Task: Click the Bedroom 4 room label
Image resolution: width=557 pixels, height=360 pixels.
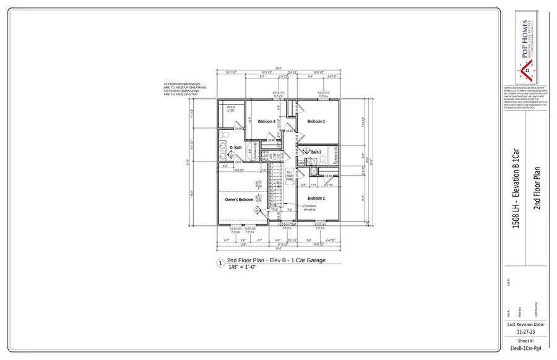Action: coord(266,121)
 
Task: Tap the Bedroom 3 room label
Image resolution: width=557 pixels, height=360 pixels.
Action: coord(316,121)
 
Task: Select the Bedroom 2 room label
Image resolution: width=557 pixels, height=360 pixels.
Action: coord(316,198)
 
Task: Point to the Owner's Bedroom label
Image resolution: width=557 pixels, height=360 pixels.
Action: coord(239,200)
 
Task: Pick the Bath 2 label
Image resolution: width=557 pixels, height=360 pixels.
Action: coord(316,152)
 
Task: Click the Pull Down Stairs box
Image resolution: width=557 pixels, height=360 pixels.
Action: coord(289,176)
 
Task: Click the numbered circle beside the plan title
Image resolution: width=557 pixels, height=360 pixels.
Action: coord(220,263)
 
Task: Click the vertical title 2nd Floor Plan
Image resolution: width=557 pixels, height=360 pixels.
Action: coord(536,188)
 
